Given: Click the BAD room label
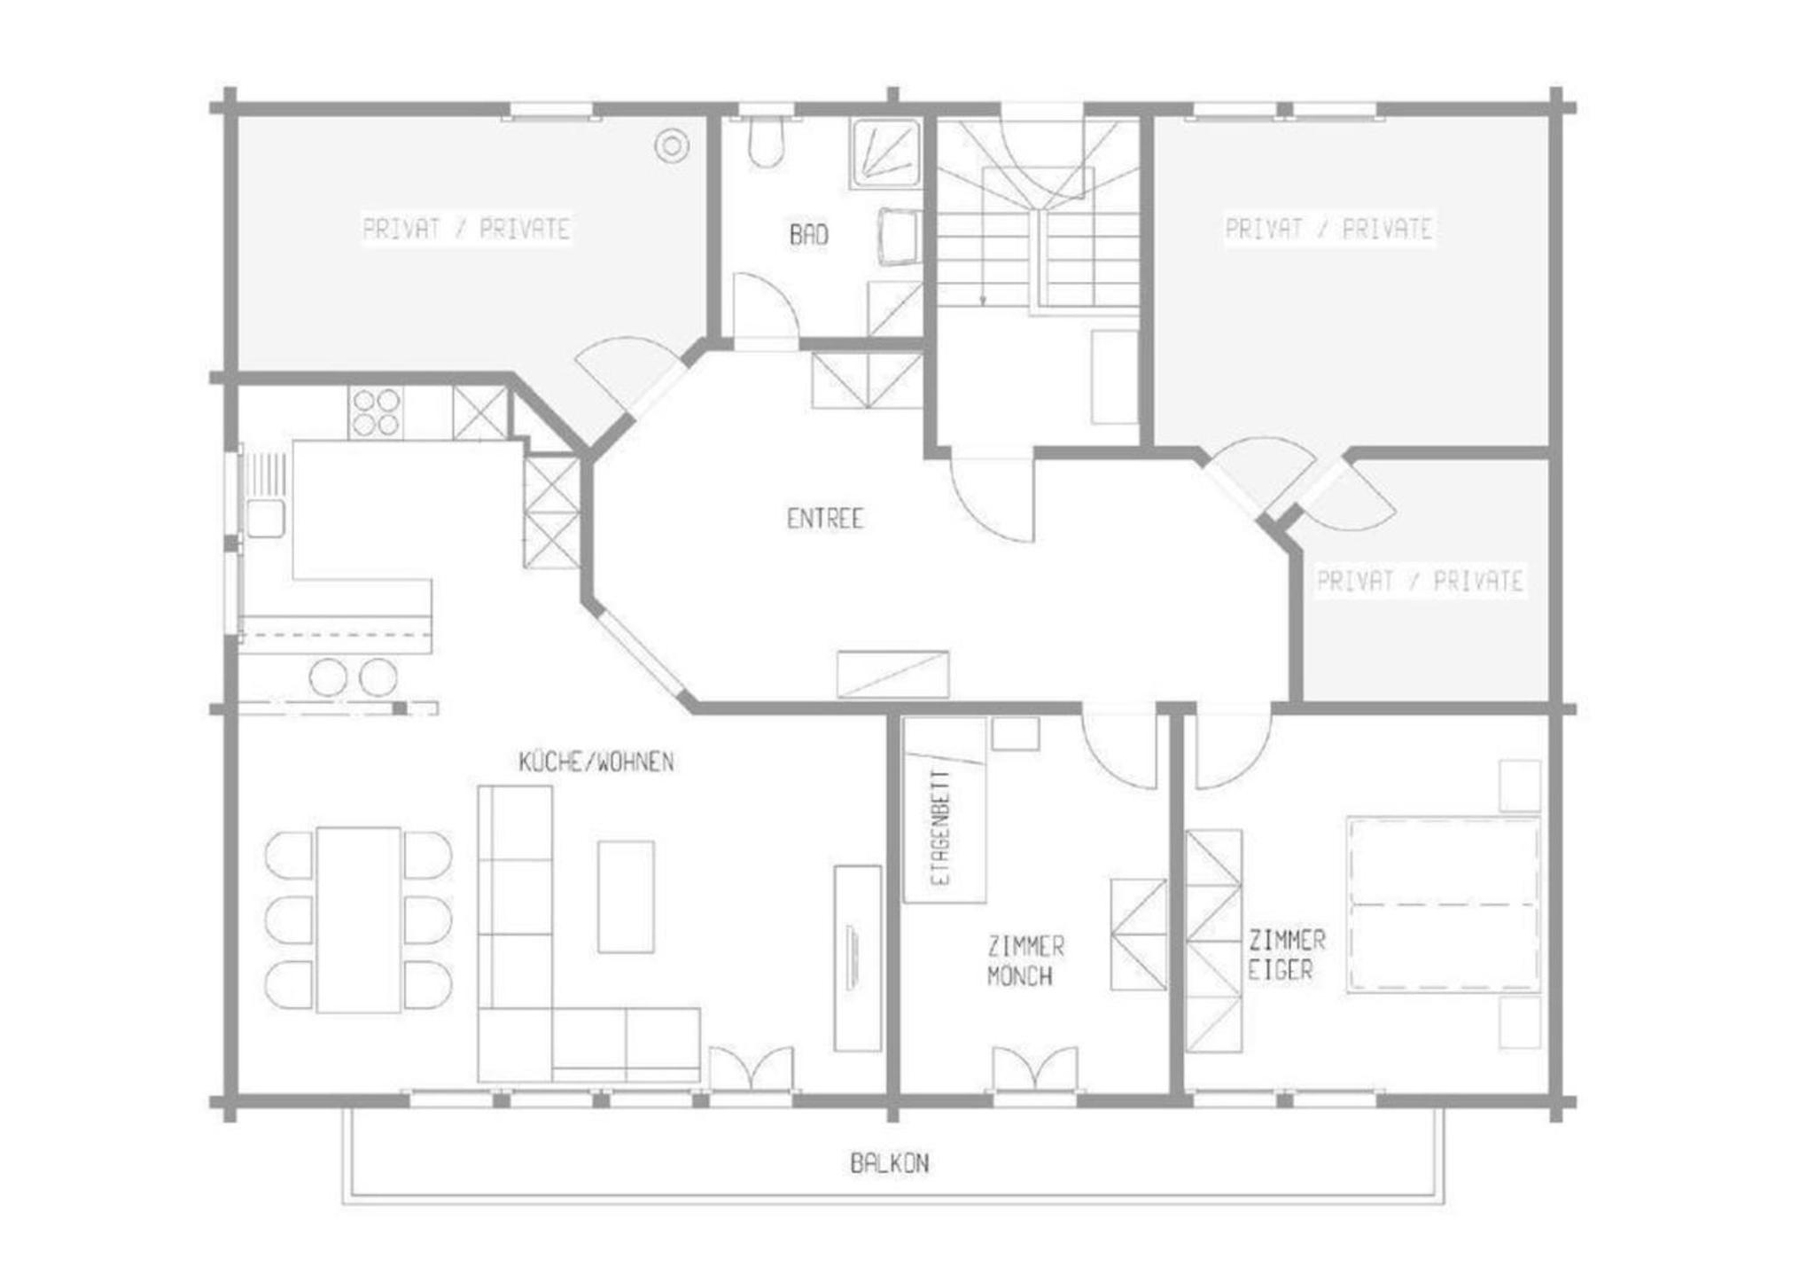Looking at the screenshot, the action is click(809, 235).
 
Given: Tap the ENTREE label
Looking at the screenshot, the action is click(824, 519).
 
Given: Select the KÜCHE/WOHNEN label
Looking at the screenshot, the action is click(596, 762).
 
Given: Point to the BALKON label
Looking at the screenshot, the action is click(890, 1162).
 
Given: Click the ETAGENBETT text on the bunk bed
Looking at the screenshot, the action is click(941, 827).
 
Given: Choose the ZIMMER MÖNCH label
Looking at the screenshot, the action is click(1025, 961).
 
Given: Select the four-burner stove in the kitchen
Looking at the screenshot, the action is click(376, 412).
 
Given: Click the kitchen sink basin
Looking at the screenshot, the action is click(265, 519).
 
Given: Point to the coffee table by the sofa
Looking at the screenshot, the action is click(626, 896).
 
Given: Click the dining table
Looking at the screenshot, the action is click(358, 919).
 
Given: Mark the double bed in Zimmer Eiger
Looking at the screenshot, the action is click(1443, 904).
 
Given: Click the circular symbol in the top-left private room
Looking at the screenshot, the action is click(672, 145).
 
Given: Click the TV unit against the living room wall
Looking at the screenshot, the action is click(858, 958).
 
